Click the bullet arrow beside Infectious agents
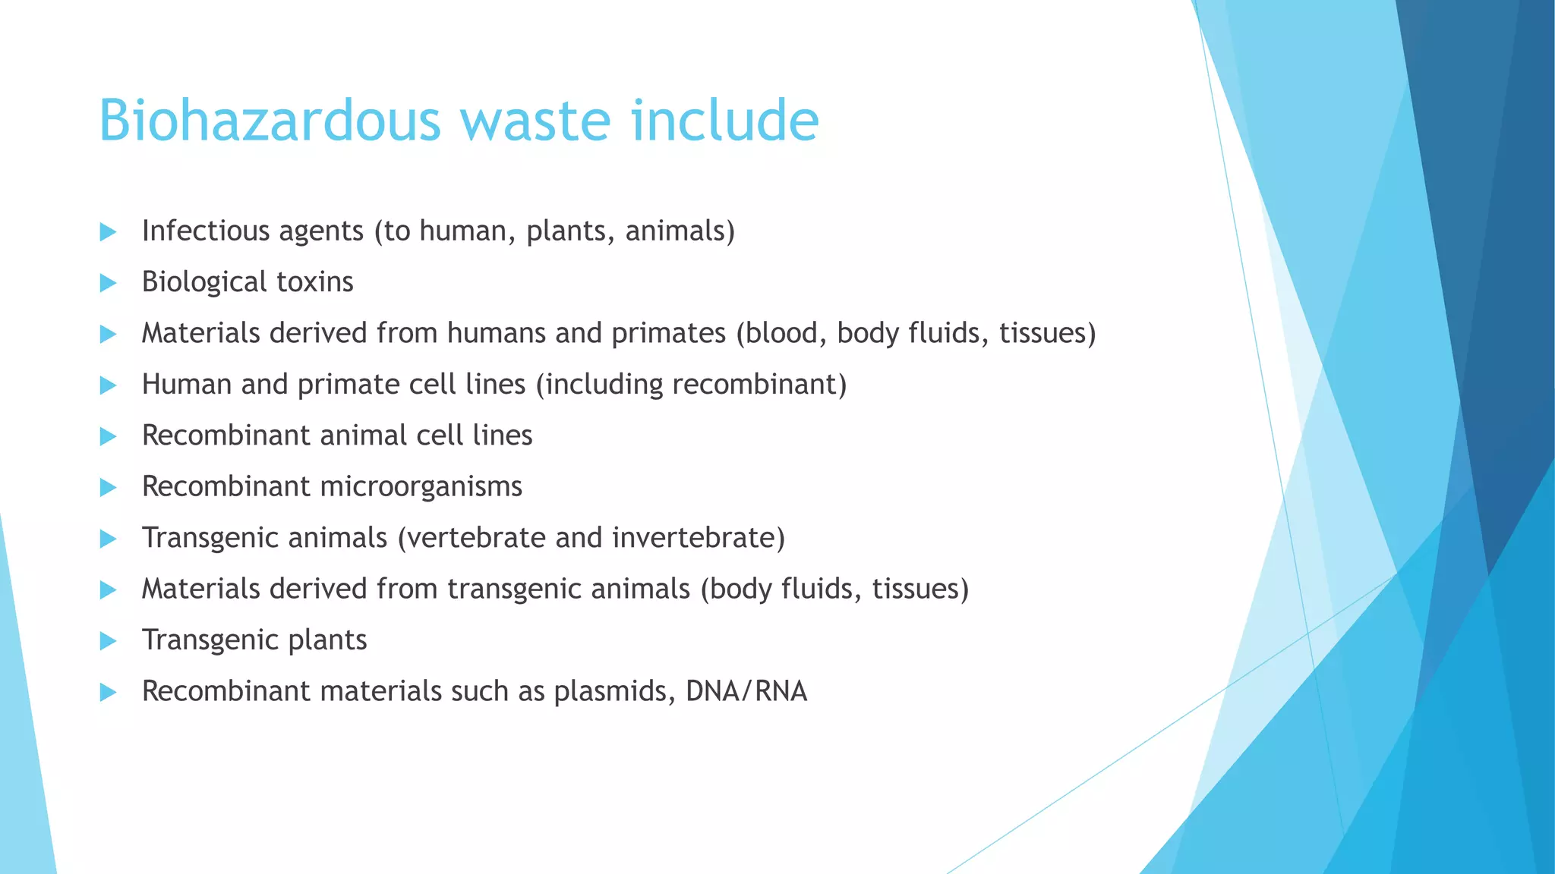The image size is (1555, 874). click(x=108, y=232)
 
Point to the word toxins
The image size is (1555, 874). click(x=314, y=282)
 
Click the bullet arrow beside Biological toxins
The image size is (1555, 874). click(x=108, y=283)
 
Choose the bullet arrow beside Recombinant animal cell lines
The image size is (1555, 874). click(x=108, y=436)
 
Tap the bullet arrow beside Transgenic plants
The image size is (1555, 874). click(x=108, y=641)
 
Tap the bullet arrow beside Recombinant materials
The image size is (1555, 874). click(x=108, y=692)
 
